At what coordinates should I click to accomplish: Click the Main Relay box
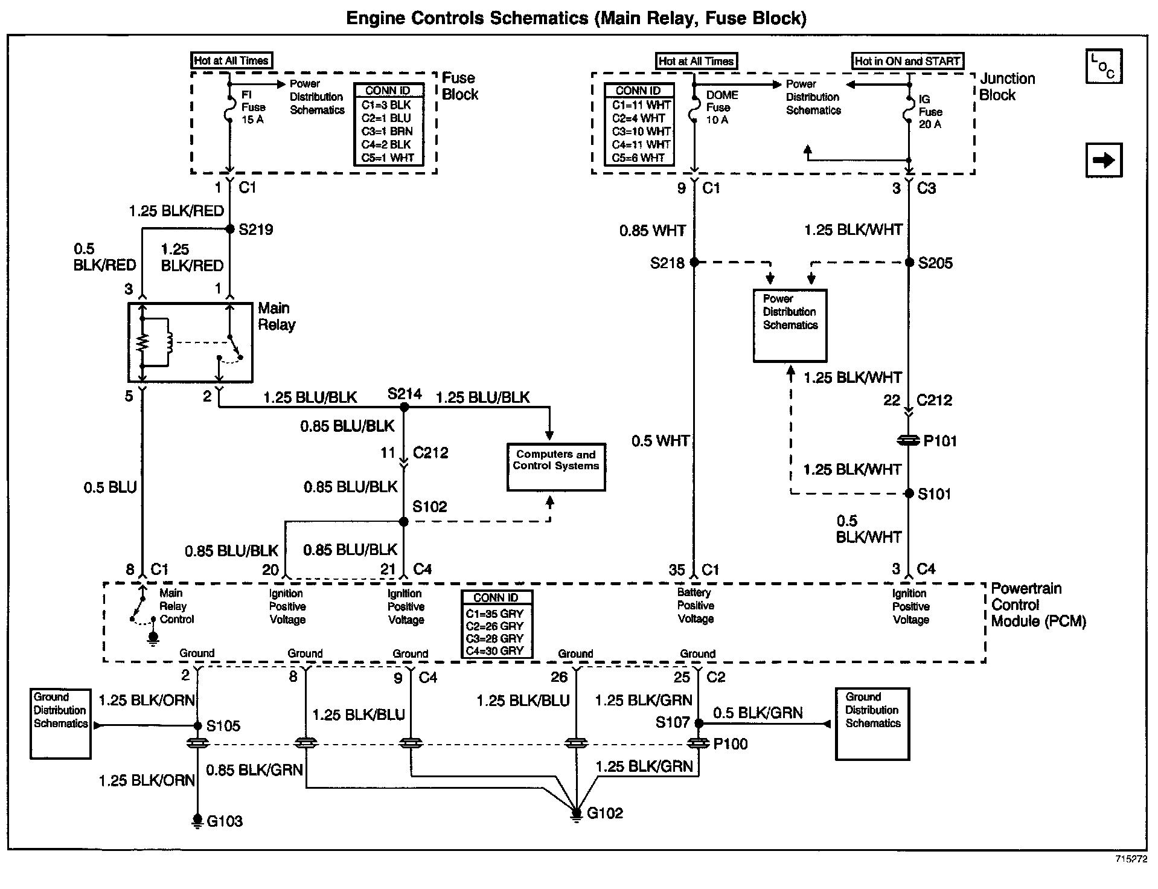pyautogui.click(x=190, y=342)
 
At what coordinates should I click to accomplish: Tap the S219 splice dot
pyautogui.click(x=229, y=229)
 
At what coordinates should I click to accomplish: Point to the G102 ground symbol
pyautogui.click(x=577, y=814)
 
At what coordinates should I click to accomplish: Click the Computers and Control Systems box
pyautogui.click(x=556, y=467)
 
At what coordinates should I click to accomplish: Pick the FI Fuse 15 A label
pyautogui.click(x=253, y=107)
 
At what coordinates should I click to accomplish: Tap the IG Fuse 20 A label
pyautogui.click(x=930, y=112)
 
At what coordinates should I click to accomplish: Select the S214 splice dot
pyautogui.click(x=405, y=408)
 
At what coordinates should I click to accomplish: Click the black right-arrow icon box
pyautogui.click(x=1104, y=160)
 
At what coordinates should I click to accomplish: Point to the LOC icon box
pyautogui.click(x=1104, y=66)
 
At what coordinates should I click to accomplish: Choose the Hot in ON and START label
pyautogui.click(x=907, y=61)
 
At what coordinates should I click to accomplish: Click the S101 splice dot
pyautogui.click(x=909, y=493)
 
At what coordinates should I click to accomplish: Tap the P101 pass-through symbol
pyautogui.click(x=909, y=441)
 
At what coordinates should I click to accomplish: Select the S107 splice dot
pyautogui.click(x=699, y=723)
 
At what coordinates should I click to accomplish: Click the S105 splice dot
pyautogui.click(x=197, y=725)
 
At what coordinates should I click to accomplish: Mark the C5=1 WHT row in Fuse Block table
pyautogui.click(x=388, y=158)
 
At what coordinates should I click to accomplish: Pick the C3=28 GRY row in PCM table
pyautogui.click(x=495, y=638)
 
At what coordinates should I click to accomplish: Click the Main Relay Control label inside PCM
pyautogui.click(x=176, y=606)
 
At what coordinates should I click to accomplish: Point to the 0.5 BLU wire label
pyautogui.click(x=110, y=487)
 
